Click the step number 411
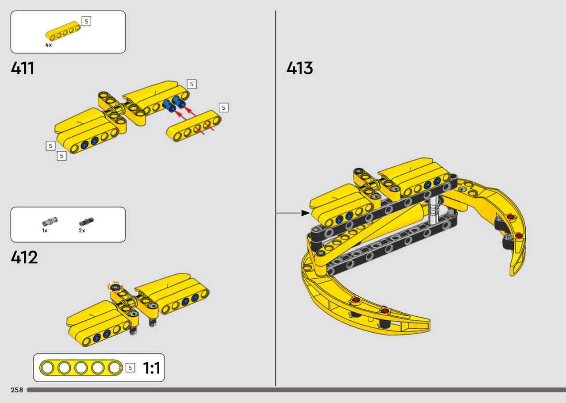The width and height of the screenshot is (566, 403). [x=22, y=68]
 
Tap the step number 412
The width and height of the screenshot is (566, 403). [x=24, y=257]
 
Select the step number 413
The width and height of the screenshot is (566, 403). [x=300, y=68]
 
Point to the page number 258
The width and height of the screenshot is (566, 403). [x=17, y=390]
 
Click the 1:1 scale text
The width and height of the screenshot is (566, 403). [x=151, y=368]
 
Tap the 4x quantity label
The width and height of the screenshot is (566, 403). [x=49, y=45]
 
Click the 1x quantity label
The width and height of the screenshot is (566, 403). [x=45, y=230]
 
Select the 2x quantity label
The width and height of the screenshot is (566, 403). [x=82, y=230]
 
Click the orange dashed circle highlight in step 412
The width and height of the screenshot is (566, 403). [x=115, y=287]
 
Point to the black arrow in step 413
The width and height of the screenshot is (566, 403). [x=293, y=213]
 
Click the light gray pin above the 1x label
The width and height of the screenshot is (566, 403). [x=50, y=221]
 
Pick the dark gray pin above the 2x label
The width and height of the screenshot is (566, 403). [x=86, y=222]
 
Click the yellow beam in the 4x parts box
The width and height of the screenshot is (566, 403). [x=63, y=31]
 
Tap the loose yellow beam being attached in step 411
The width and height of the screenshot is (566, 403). [x=194, y=126]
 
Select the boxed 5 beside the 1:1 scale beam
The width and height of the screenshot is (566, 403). [x=130, y=368]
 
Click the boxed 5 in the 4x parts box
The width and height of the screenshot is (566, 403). [x=86, y=22]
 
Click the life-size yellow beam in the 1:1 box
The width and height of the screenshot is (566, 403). [x=81, y=368]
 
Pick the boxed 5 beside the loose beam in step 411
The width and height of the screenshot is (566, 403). [x=223, y=107]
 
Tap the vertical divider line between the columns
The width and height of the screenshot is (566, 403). [x=275, y=198]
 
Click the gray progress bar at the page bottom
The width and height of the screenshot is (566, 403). [x=296, y=390]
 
